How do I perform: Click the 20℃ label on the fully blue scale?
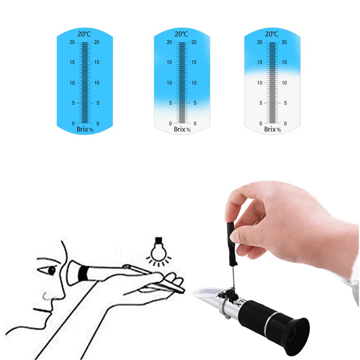click(85, 34)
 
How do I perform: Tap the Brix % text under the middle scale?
click(182, 129)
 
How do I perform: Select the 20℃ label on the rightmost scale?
click(272, 34)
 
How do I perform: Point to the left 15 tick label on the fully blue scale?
click(72, 62)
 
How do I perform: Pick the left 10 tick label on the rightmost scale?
click(259, 83)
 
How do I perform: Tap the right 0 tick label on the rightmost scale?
click(285, 123)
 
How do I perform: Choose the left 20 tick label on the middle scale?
click(169, 42)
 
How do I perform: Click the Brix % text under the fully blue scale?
click(85, 129)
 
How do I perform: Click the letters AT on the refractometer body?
click(240, 302)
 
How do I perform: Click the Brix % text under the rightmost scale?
click(273, 129)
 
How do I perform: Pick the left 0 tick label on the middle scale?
click(170, 123)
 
